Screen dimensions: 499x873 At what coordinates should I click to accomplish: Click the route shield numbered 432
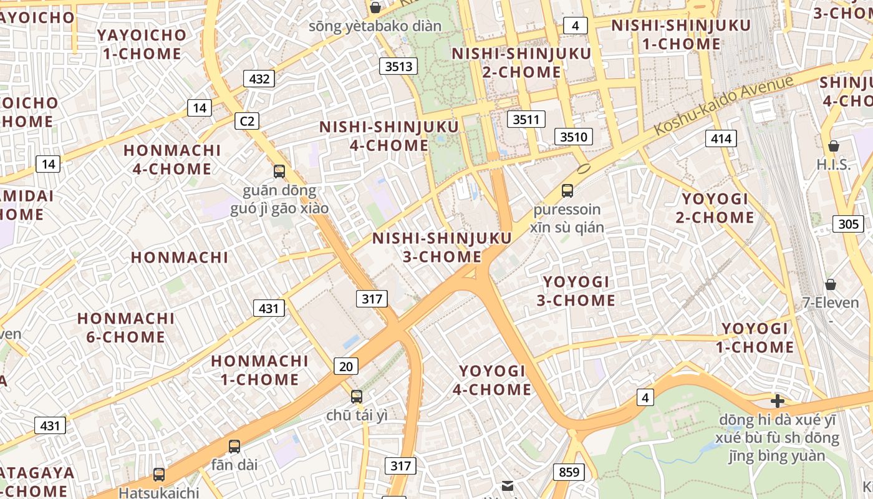click(x=259, y=79)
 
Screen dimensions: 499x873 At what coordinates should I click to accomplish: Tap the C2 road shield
click(x=247, y=121)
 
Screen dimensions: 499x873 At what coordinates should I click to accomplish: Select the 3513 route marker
click(x=398, y=66)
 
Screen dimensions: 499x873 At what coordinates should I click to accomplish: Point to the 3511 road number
click(x=526, y=119)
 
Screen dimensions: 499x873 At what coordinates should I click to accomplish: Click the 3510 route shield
click(x=573, y=137)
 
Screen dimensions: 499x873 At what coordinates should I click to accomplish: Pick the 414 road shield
click(x=721, y=138)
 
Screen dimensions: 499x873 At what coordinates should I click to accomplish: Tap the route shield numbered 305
click(x=848, y=224)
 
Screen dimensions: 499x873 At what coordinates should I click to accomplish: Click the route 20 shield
click(x=345, y=366)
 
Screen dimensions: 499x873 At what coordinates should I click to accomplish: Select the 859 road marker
click(x=569, y=472)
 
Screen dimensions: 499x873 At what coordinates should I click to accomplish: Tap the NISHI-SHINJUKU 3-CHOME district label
click(x=442, y=248)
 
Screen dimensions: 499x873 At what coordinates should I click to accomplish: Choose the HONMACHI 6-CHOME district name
click(x=126, y=328)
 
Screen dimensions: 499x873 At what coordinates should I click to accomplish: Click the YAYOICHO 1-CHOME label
click(x=142, y=44)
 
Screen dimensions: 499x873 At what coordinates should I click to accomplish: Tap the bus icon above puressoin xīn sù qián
click(x=567, y=191)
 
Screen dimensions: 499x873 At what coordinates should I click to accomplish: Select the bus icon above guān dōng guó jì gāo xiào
click(x=279, y=171)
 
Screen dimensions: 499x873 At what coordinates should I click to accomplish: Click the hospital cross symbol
click(x=777, y=400)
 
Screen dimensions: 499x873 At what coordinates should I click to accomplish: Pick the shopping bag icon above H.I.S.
click(x=833, y=146)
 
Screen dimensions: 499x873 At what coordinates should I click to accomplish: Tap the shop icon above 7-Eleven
click(x=831, y=284)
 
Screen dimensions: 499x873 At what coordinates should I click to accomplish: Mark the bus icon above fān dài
click(x=234, y=446)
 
